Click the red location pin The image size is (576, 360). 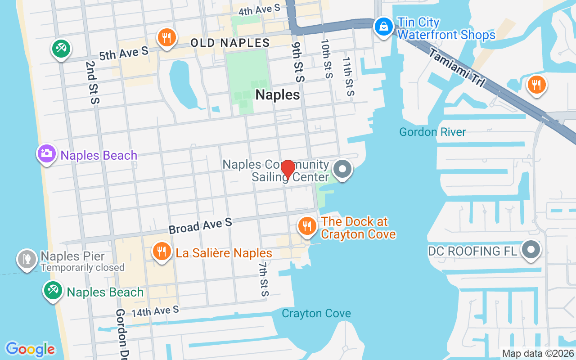pos(288,169)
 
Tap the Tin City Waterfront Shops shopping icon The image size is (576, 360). pos(383,27)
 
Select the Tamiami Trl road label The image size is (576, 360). pos(456,67)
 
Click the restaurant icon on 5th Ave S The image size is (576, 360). pos(167,37)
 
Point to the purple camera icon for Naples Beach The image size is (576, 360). pos(46,153)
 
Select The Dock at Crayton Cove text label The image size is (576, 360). pos(358,228)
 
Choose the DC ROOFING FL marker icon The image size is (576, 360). pos(531,249)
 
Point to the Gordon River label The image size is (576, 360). pos(432,132)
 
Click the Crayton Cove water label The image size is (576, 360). pos(316,313)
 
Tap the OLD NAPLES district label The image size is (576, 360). pos(230,43)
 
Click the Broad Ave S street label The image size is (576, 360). pos(200,225)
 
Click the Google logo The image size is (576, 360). pos(30,349)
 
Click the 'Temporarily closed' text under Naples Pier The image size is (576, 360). pos(82,267)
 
